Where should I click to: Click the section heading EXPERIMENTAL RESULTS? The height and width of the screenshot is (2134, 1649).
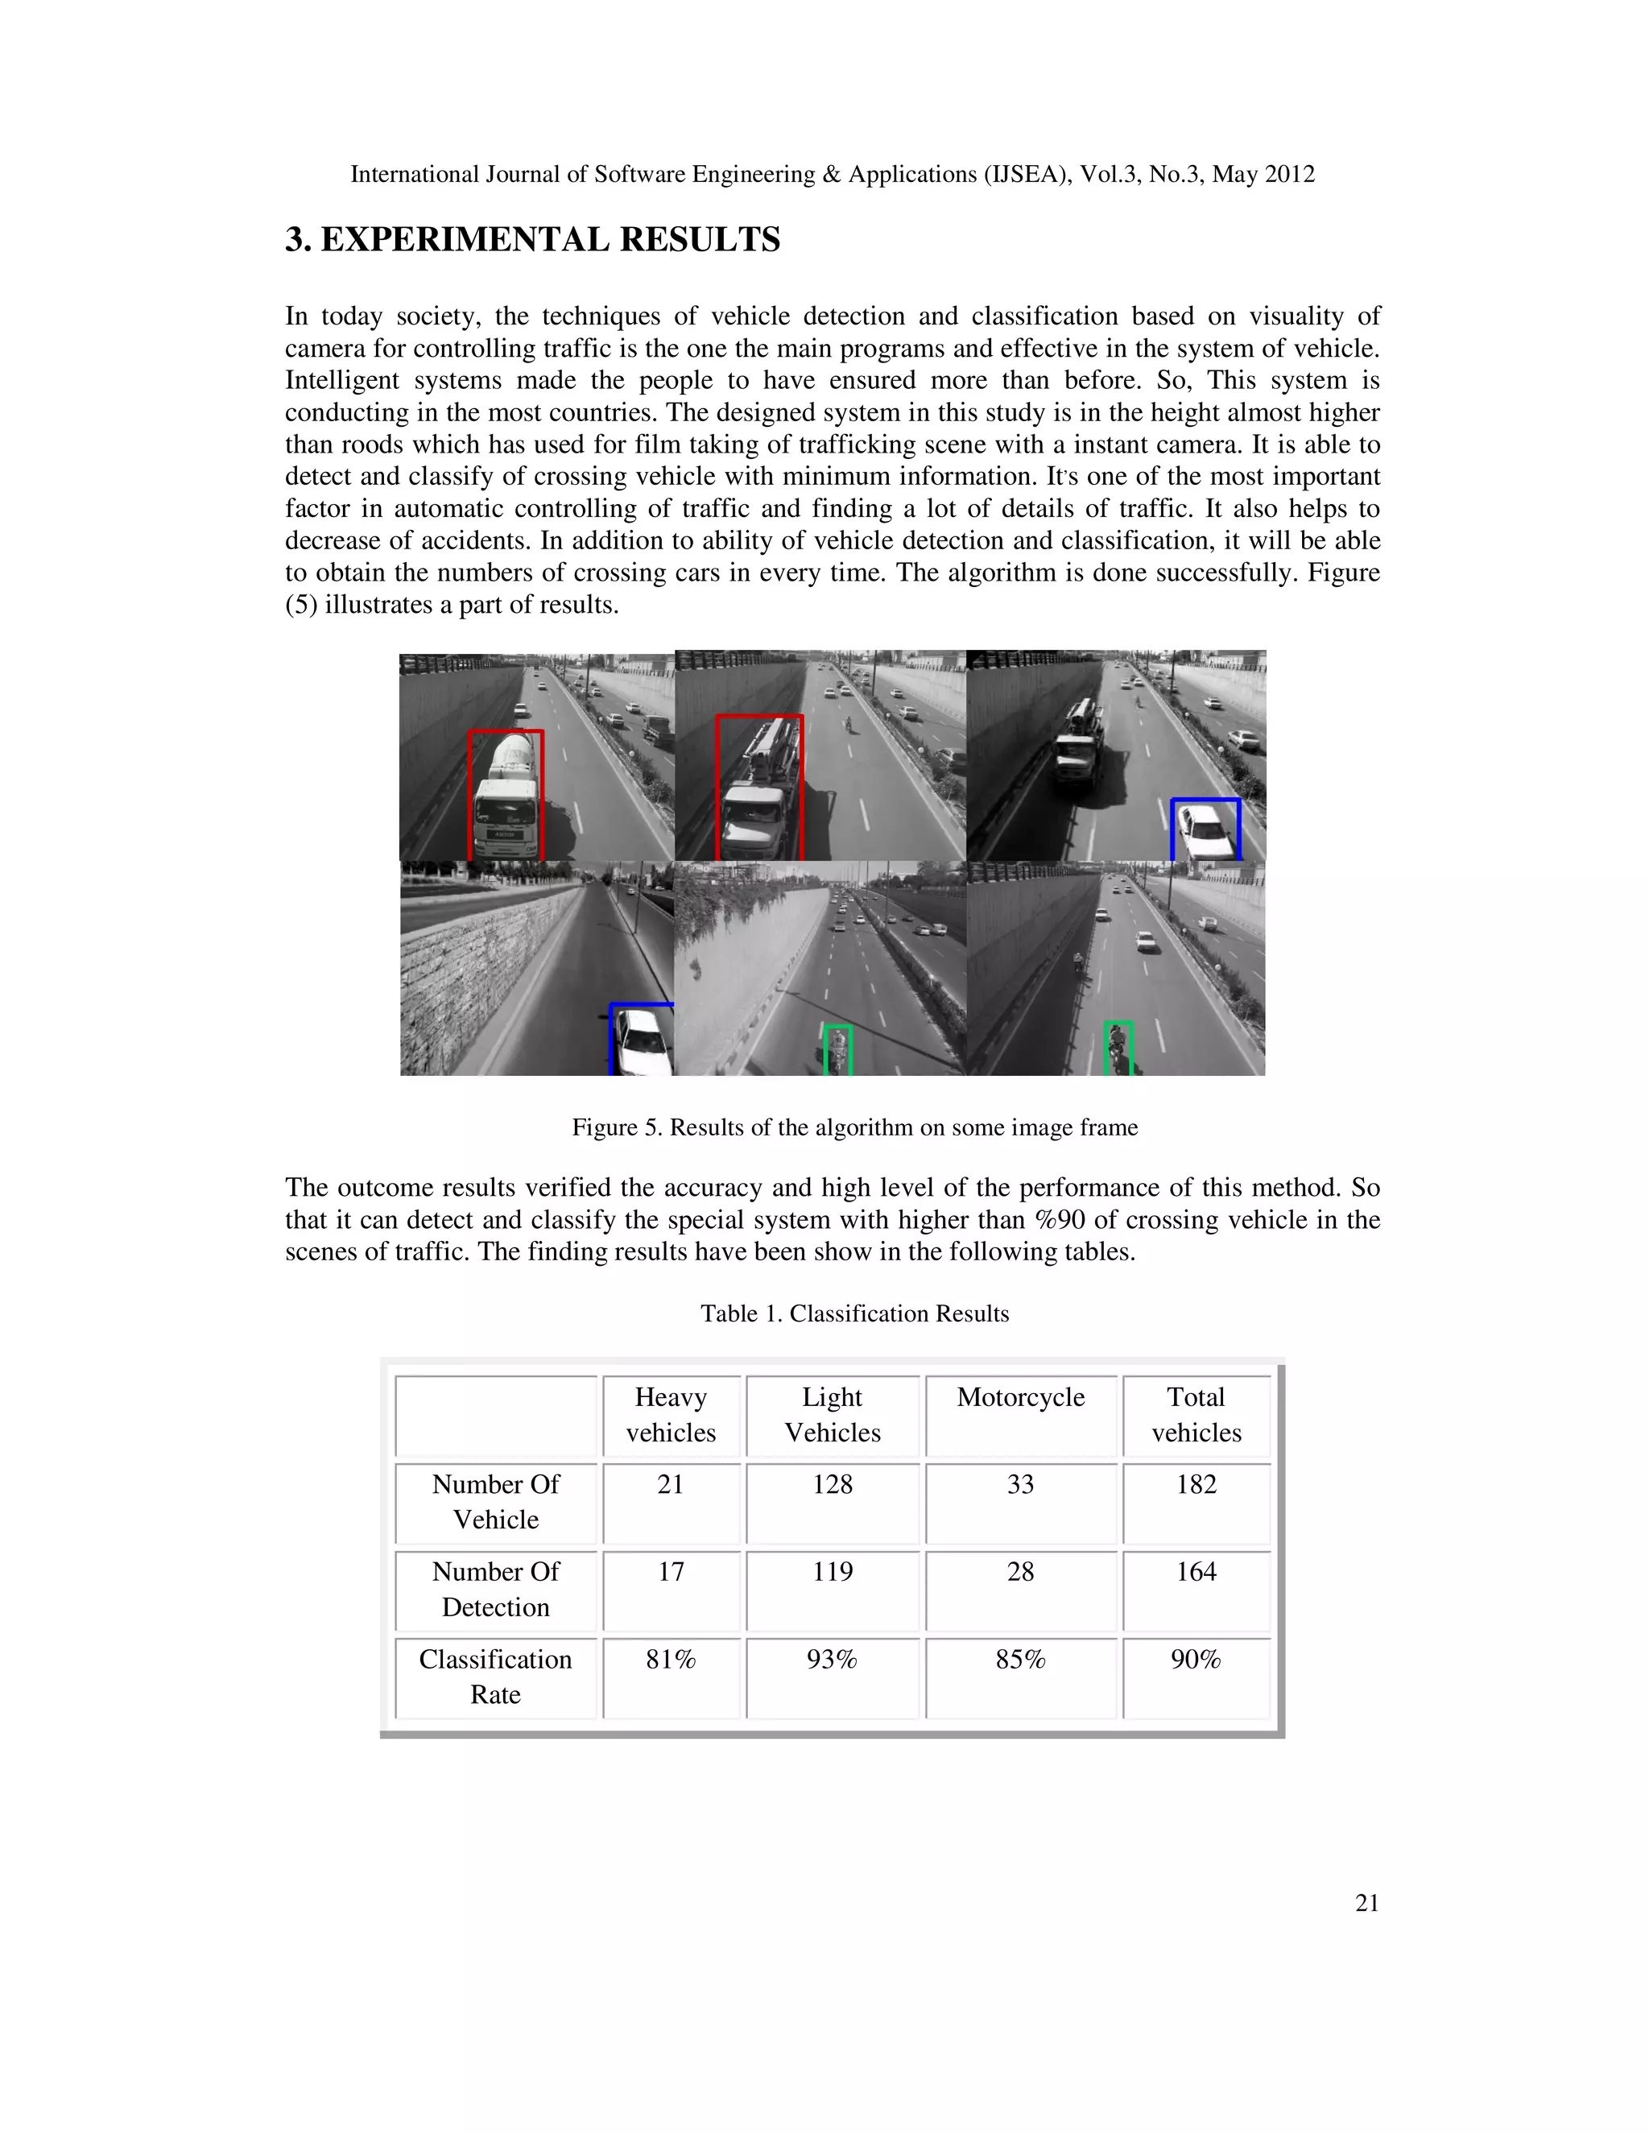tap(532, 239)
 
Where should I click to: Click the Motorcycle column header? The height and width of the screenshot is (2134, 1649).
tap(1020, 1397)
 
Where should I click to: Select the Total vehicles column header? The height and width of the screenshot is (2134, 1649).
tap(1196, 1414)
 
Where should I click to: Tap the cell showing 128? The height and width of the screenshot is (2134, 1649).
tap(833, 1484)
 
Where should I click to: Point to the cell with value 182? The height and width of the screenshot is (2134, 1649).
tap(1196, 1484)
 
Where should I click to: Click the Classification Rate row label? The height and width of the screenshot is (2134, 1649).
tap(495, 1677)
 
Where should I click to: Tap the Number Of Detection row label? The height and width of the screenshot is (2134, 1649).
tap(495, 1589)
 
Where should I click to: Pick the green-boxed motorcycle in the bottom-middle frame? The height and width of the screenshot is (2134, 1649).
tap(837, 1050)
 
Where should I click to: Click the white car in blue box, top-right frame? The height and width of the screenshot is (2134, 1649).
tap(1205, 830)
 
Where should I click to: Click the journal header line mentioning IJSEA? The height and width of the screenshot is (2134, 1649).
tap(833, 174)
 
